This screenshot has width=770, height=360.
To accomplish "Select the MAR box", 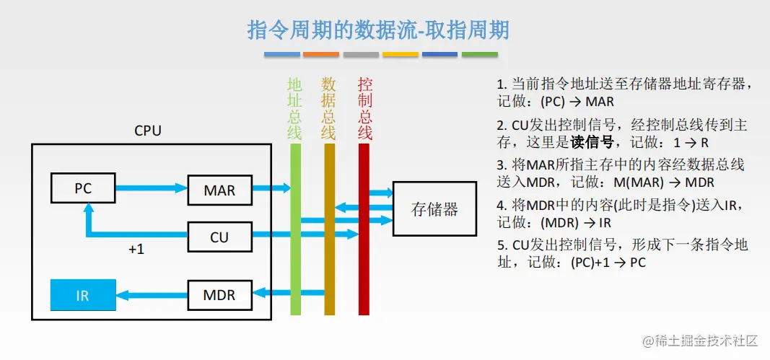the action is pos(219,190).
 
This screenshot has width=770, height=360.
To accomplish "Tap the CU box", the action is pos(219,237).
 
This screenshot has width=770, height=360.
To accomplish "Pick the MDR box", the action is pos(219,295).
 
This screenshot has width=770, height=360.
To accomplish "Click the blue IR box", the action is pos(83,295).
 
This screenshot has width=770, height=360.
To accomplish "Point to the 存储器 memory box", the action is pos(434,209).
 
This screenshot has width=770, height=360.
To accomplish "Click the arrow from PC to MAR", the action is pos(152,187).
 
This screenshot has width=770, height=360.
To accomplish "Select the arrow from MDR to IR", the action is pos(152,296).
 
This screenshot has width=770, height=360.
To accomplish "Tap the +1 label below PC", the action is pos(136,250).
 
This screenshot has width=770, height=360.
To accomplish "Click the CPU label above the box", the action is pos(148,131).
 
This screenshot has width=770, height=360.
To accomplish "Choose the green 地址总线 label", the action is pos(294,109).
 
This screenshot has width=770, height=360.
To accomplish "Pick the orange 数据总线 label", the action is pos(328,109).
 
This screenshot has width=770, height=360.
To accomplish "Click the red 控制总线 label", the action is pos(364,109).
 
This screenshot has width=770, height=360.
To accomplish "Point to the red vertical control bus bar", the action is pos(364,229).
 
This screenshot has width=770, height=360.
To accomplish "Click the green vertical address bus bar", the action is pos(295,229).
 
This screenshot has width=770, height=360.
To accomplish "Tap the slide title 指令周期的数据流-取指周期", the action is pos(378,30).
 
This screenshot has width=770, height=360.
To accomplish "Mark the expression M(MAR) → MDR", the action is pos(664,183).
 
